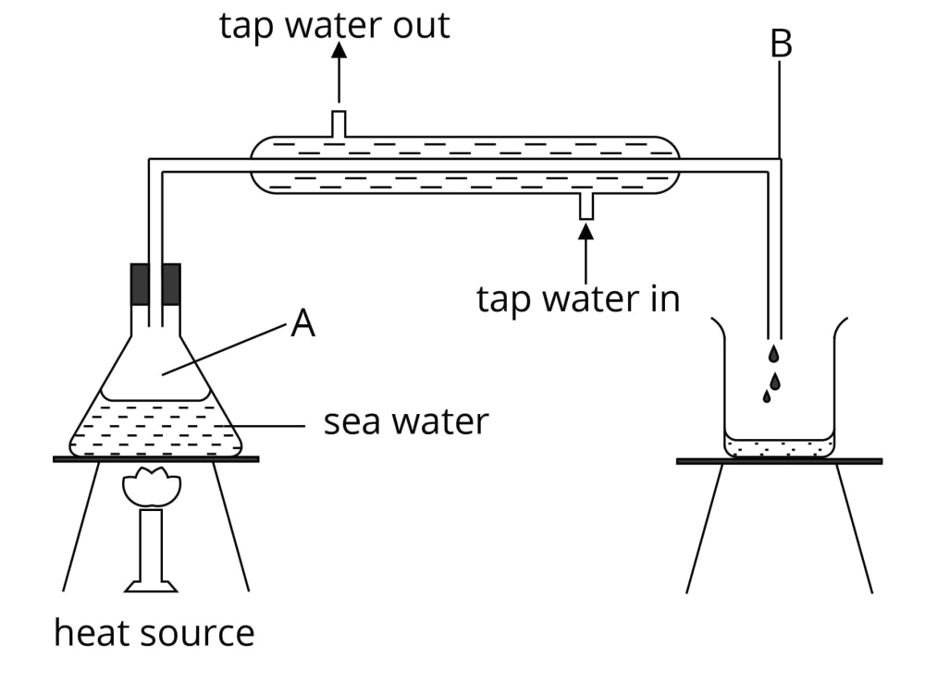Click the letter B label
(x=781, y=43)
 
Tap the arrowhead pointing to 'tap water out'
(x=339, y=50)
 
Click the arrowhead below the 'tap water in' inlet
(x=586, y=232)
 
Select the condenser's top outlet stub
(x=339, y=123)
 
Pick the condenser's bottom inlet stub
(x=586, y=206)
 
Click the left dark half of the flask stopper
(x=140, y=284)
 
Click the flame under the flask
(x=152, y=487)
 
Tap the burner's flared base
(x=151, y=587)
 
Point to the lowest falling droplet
(x=767, y=396)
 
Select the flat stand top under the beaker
(x=779, y=461)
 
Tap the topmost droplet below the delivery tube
(x=773, y=354)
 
